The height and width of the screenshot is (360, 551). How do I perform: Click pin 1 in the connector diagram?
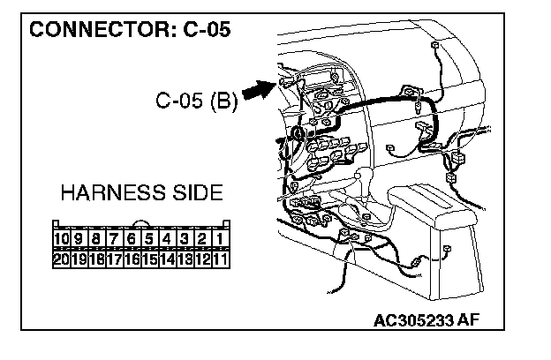click(221, 239)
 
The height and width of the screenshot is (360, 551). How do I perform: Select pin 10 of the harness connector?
click(62, 239)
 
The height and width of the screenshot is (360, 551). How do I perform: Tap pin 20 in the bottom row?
click(62, 259)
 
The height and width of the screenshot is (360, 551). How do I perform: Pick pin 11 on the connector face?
click(221, 259)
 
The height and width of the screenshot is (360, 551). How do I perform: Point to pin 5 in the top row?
click(150, 239)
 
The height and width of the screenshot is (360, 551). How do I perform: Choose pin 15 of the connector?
click(150, 259)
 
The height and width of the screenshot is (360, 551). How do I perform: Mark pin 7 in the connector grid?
click(115, 239)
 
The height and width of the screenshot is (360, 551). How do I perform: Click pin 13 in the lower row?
click(185, 259)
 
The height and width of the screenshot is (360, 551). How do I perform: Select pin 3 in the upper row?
click(185, 239)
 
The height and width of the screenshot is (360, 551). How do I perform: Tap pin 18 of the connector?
click(97, 259)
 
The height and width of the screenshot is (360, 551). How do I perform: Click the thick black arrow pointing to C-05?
click(260, 90)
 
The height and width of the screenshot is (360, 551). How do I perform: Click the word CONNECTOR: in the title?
click(103, 29)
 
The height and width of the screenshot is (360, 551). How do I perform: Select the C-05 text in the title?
click(207, 29)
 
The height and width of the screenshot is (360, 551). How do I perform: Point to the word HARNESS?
click(113, 193)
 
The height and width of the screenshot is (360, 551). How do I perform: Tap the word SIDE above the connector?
click(198, 193)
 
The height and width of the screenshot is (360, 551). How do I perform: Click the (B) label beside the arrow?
click(224, 101)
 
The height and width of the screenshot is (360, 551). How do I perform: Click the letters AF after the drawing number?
click(468, 320)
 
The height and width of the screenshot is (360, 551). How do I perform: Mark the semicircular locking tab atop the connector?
click(141, 222)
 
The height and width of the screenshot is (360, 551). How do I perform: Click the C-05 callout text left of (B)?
click(179, 101)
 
